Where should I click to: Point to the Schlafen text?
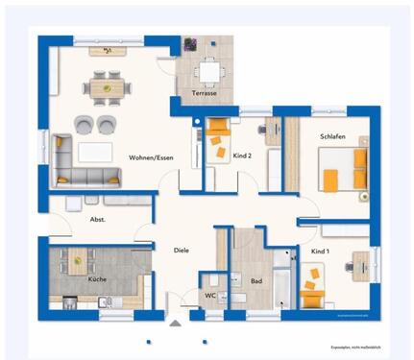coord(331,136)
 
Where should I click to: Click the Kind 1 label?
coord(320,251)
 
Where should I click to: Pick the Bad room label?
coord(256,282)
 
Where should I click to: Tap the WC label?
coord(209,295)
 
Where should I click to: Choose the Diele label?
coord(181,252)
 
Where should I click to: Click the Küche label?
coord(97,278)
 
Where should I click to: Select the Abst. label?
coord(97,220)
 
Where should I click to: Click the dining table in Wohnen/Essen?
coord(108,87)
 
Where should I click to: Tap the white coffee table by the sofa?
coord(95,151)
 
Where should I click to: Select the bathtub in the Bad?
coord(282,280)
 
